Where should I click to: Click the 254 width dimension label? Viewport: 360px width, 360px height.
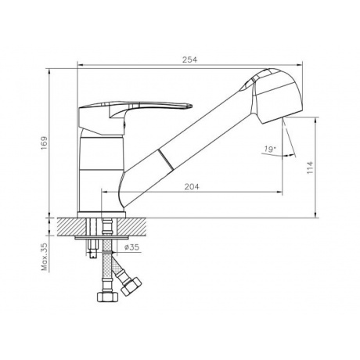click(x=189, y=59)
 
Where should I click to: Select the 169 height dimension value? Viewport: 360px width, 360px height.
click(x=45, y=142)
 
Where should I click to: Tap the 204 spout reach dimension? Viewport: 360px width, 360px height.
click(x=192, y=187)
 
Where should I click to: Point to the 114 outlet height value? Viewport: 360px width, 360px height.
click(x=310, y=167)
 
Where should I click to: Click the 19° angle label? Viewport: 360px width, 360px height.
click(x=270, y=149)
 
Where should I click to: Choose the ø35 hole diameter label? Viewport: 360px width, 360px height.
click(x=131, y=247)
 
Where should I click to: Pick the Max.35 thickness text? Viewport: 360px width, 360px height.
click(x=45, y=257)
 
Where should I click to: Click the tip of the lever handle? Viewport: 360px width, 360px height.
click(x=192, y=106)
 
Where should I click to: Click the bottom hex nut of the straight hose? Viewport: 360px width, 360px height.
click(x=107, y=297)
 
